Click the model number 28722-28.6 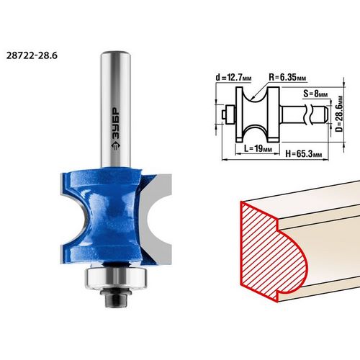[x=32, y=55]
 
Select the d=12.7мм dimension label [x=233, y=77]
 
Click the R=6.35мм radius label [x=287, y=77]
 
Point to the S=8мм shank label [x=315, y=94]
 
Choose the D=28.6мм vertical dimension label [x=339, y=114]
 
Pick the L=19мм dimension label [x=258, y=148]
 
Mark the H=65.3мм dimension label [x=304, y=153]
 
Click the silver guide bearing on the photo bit [x=116, y=278]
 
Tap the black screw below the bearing [x=116, y=297]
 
